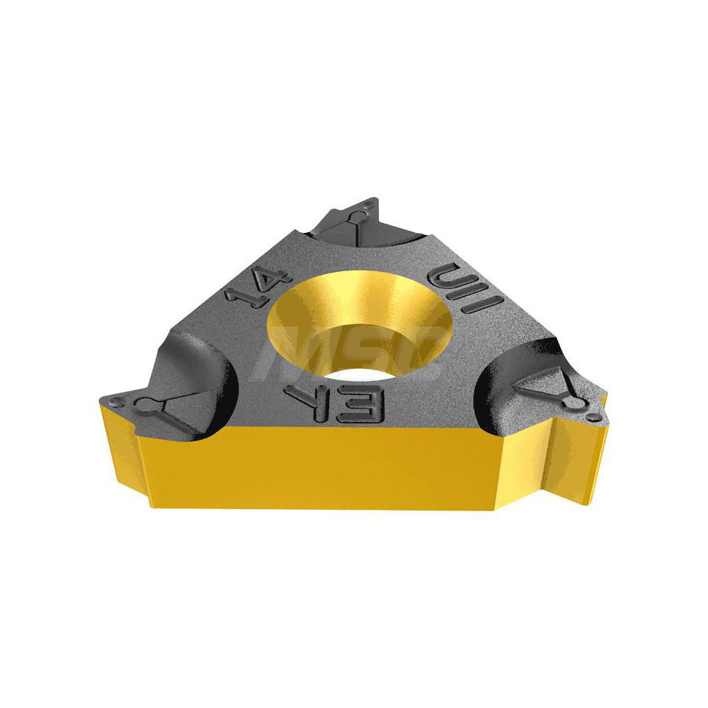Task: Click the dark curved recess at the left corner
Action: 202,379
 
